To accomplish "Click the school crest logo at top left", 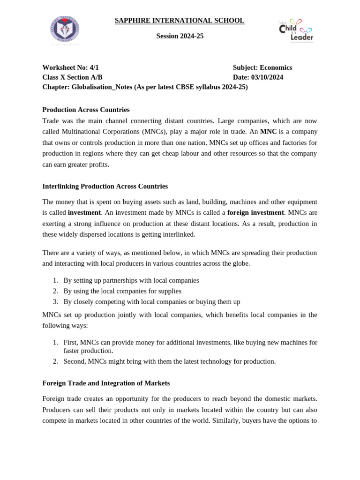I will pyautogui.click(x=65, y=30).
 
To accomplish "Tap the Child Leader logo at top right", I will pyautogui.click(x=296, y=30).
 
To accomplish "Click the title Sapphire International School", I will pyautogui.click(x=180, y=21).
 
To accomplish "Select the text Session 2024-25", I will pyautogui.click(x=180, y=36).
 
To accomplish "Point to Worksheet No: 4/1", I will pyautogui.click(x=70, y=67).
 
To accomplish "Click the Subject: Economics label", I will pyautogui.click(x=262, y=67).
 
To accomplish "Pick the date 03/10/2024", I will pyautogui.click(x=267, y=77).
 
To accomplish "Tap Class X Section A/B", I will pyautogui.click(x=72, y=77).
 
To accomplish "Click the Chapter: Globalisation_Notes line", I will pyautogui.click(x=145, y=87).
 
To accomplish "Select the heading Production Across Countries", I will pyautogui.click(x=86, y=110).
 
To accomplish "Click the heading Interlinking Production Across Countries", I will pyautogui.click(x=105, y=186).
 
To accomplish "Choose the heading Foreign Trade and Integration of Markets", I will pyautogui.click(x=106, y=383).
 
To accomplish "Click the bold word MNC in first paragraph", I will pyautogui.click(x=268, y=132).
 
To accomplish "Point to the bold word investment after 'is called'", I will pyautogui.click(x=84, y=212).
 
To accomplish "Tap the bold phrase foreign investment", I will pyautogui.click(x=255, y=212).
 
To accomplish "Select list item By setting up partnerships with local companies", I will pyautogui.click(x=131, y=280).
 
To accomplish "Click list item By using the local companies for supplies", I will pyautogui.click(x=122, y=291).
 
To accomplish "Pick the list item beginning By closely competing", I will pyautogui.click(x=152, y=302).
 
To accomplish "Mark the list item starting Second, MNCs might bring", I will pyautogui.click(x=170, y=361).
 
